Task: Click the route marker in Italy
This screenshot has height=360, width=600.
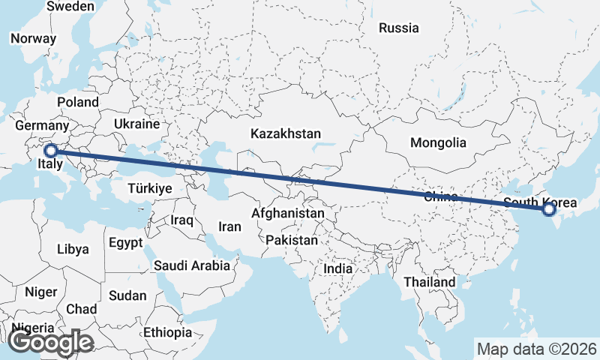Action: (x=51, y=151)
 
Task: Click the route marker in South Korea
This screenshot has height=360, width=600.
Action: (x=549, y=209)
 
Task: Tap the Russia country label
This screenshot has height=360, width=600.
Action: (x=398, y=28)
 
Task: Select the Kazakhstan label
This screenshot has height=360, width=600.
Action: (x=286, y=134)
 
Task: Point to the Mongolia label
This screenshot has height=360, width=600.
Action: (x=438, y=142)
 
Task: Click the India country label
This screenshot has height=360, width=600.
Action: (x=337, y=268)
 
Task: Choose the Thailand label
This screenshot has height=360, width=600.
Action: (x=429, y=282)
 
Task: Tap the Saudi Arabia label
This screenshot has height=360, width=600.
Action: (x=191, y=265)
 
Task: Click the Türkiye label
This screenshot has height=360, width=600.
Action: (x=150, y=188)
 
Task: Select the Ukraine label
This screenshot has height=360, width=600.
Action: (x=137, y=124)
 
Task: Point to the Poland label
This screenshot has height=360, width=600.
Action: (x=78, y=102)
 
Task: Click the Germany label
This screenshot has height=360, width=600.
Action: (x=42, y=126)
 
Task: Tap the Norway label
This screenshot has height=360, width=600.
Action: (x=33, y=39)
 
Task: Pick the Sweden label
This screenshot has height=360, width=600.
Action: (x=70, y=6)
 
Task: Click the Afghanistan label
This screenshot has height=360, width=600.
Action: (x=288, y=214)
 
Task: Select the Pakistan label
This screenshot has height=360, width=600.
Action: (x=292, y=241)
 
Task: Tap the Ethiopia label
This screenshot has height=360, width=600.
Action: (x=167, y=332)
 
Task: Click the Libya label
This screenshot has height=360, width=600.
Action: (x=73, y=249)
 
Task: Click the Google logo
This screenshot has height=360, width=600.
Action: (x=50, y=343)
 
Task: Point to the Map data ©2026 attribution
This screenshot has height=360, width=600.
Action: (x=536, y=349)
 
